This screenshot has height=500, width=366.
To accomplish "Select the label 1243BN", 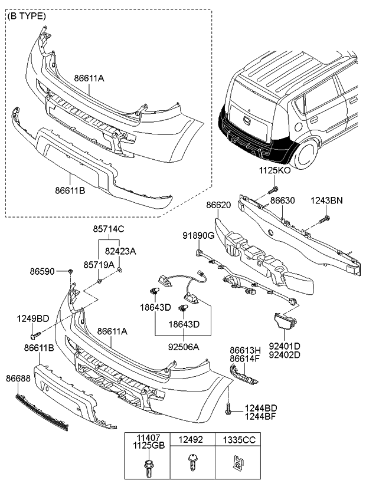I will (326, 201).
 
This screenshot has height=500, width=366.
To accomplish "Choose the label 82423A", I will (120, 251).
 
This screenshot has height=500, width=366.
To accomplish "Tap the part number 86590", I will (43, 271).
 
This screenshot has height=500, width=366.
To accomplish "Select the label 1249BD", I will (33, 318).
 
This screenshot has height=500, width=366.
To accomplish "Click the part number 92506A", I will (183, 347).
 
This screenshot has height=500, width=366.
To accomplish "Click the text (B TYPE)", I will (26, 17).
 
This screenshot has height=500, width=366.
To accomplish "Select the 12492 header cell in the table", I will (192, 439).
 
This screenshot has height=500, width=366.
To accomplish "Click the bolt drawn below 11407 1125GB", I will (147, 469).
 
